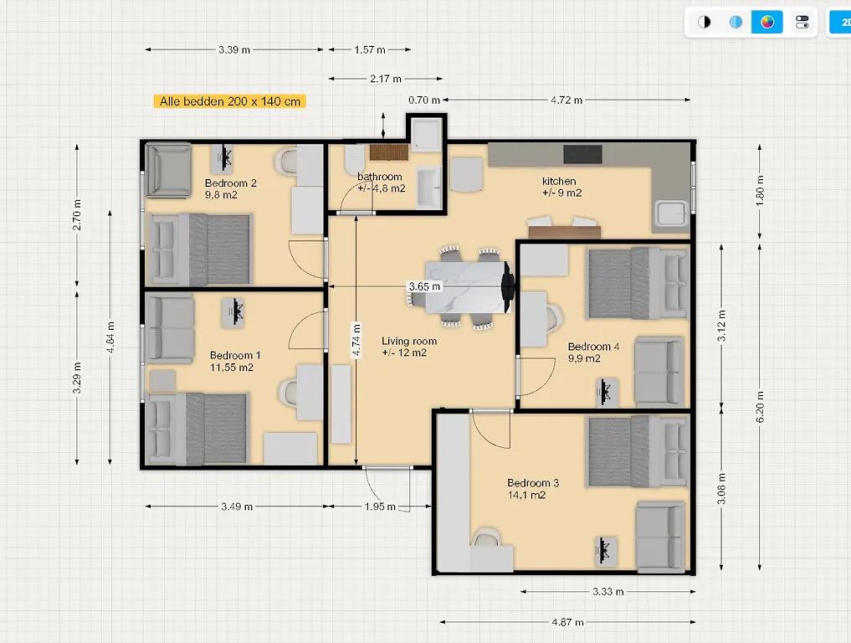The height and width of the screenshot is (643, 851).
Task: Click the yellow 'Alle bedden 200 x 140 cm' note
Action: click(229, 101)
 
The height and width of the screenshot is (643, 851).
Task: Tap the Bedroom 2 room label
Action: click(231, 183)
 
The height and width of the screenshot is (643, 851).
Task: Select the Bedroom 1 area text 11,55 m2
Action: click(232, 367)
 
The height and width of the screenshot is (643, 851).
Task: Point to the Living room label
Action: click(409, 341)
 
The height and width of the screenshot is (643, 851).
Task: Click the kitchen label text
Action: click(559, 181)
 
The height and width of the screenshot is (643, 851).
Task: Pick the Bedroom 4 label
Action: click(594, 347)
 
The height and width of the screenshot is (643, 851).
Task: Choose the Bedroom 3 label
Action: click(533, 483)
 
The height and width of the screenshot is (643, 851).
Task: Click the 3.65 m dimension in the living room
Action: click(424, 286)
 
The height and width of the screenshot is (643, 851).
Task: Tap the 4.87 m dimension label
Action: click(567, 622)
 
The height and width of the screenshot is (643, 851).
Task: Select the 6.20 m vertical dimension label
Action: click(760, 407)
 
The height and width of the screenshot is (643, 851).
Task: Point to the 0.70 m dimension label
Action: click(424, 100)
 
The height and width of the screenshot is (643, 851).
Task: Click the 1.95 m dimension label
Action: click(380, 507)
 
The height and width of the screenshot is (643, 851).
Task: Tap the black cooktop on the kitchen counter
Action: click(582, 154)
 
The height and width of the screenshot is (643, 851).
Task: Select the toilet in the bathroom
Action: click(355, 158)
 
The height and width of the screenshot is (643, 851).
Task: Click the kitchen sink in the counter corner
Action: click(672, 213)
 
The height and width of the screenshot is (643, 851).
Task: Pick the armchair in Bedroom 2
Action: click(168, 169)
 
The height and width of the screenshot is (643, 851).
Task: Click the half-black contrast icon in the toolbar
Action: click(704, 22)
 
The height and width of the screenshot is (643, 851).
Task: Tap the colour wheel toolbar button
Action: click(766, 22)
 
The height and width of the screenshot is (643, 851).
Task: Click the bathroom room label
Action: click(380, 177)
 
